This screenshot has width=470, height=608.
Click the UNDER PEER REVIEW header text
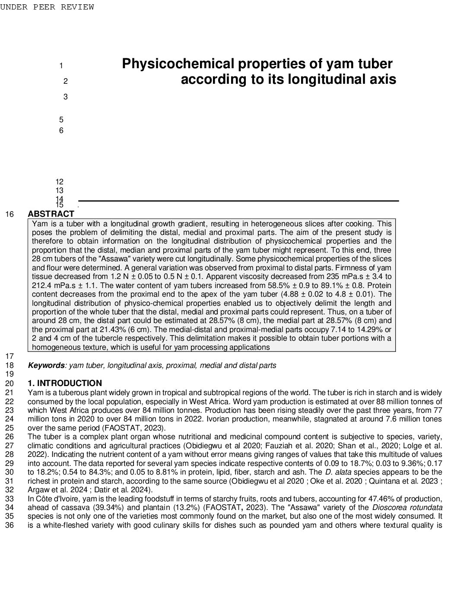47,7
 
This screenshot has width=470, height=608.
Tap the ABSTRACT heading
51,214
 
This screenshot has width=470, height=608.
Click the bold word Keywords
46,365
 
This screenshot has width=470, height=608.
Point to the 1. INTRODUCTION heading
65,383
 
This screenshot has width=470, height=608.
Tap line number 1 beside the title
61,66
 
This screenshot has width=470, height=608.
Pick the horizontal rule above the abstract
238,201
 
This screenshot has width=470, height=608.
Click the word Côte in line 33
44,499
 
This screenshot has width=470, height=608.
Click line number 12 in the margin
59,182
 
